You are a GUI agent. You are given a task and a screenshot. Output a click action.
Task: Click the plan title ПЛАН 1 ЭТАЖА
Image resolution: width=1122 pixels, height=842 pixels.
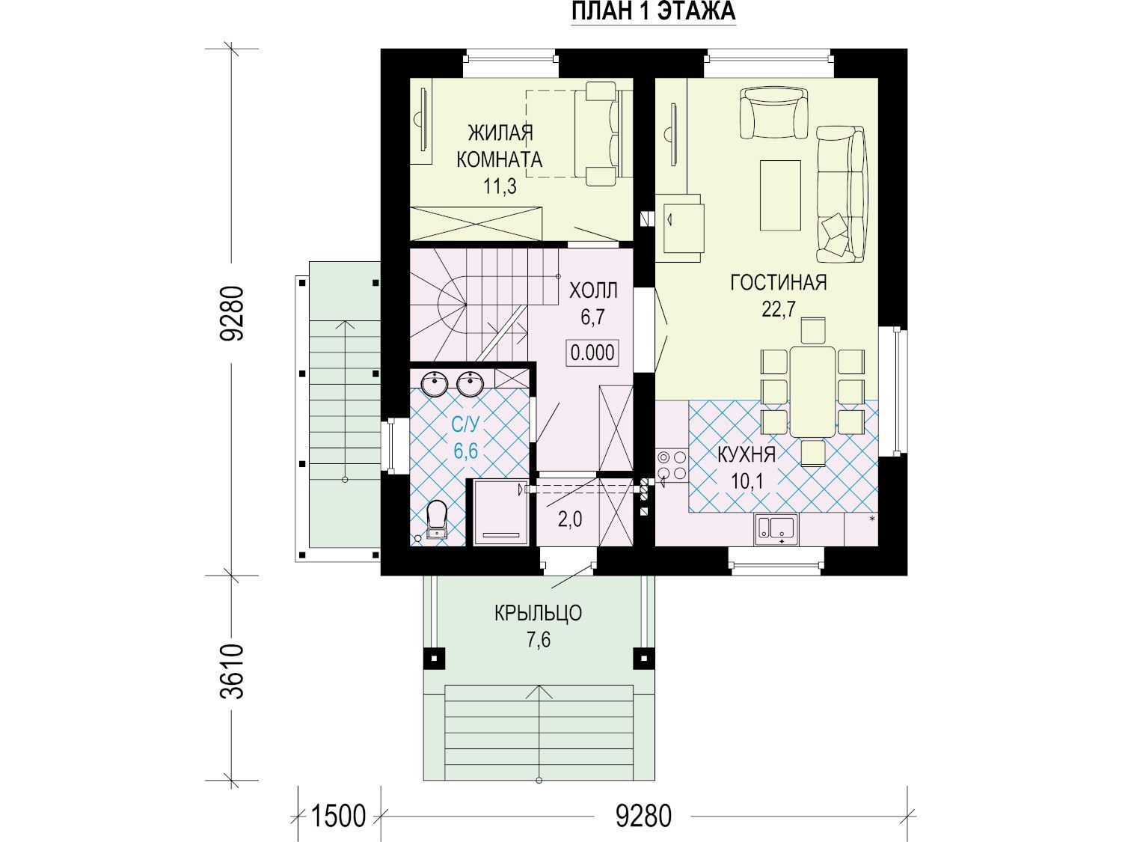point(653,11)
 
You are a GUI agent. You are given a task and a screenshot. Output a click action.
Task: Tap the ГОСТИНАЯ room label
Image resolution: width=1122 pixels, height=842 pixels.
point(778,282)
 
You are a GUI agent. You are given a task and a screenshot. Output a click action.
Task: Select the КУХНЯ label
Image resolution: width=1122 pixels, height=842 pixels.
point(747,454)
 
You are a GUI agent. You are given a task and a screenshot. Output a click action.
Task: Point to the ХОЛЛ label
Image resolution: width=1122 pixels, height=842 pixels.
point(593,290)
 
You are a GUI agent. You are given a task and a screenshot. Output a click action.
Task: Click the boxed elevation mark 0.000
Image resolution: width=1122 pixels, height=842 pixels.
point(592,353)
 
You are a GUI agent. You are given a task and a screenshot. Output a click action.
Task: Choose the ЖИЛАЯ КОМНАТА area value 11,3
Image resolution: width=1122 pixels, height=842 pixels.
point(500,186)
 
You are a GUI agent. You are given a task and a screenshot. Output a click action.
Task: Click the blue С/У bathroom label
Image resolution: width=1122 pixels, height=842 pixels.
point(465,424)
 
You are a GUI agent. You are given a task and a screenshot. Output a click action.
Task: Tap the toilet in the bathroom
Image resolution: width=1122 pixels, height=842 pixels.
point(436,519)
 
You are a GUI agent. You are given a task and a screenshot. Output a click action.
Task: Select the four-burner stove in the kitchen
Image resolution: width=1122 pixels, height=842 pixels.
point(672,465)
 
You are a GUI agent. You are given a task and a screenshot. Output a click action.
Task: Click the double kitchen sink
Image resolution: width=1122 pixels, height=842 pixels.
point(776,530)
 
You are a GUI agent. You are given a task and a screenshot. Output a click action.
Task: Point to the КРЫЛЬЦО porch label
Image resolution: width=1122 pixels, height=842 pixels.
point(538,613)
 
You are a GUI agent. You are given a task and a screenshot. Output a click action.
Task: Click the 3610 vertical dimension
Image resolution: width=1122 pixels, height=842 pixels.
point(233,672)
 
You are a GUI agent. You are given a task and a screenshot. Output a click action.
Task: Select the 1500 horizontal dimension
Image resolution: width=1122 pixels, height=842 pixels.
point(338,816)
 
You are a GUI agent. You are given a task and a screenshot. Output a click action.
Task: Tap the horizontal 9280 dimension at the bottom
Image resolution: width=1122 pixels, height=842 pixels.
point(643,816)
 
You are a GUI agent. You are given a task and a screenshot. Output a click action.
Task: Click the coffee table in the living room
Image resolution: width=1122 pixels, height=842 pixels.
point(780,195)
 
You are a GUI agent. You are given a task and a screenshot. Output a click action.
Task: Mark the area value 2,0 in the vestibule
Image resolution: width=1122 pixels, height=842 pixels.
point(570,520)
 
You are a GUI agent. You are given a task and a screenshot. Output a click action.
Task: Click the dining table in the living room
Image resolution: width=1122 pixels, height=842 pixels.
point(812,391)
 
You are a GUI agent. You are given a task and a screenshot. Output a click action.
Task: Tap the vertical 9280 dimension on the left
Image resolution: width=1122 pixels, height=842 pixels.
point(233,313)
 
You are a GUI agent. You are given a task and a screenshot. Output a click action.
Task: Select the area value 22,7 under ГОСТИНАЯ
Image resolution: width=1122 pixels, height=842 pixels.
point(779,309)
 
